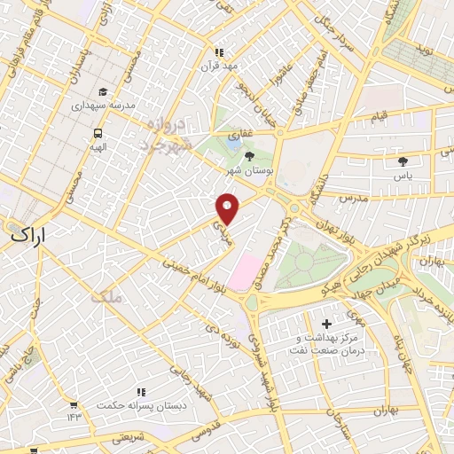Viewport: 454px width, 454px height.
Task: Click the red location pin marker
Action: (x=228, y=207)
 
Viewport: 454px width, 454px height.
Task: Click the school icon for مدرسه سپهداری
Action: (x=103, y=91)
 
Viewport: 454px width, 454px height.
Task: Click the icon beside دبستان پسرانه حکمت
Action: (x=140, y=391)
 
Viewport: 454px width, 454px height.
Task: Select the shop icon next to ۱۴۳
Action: (x=73, y=404)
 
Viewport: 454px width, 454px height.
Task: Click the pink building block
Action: (x=242, y=270)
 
